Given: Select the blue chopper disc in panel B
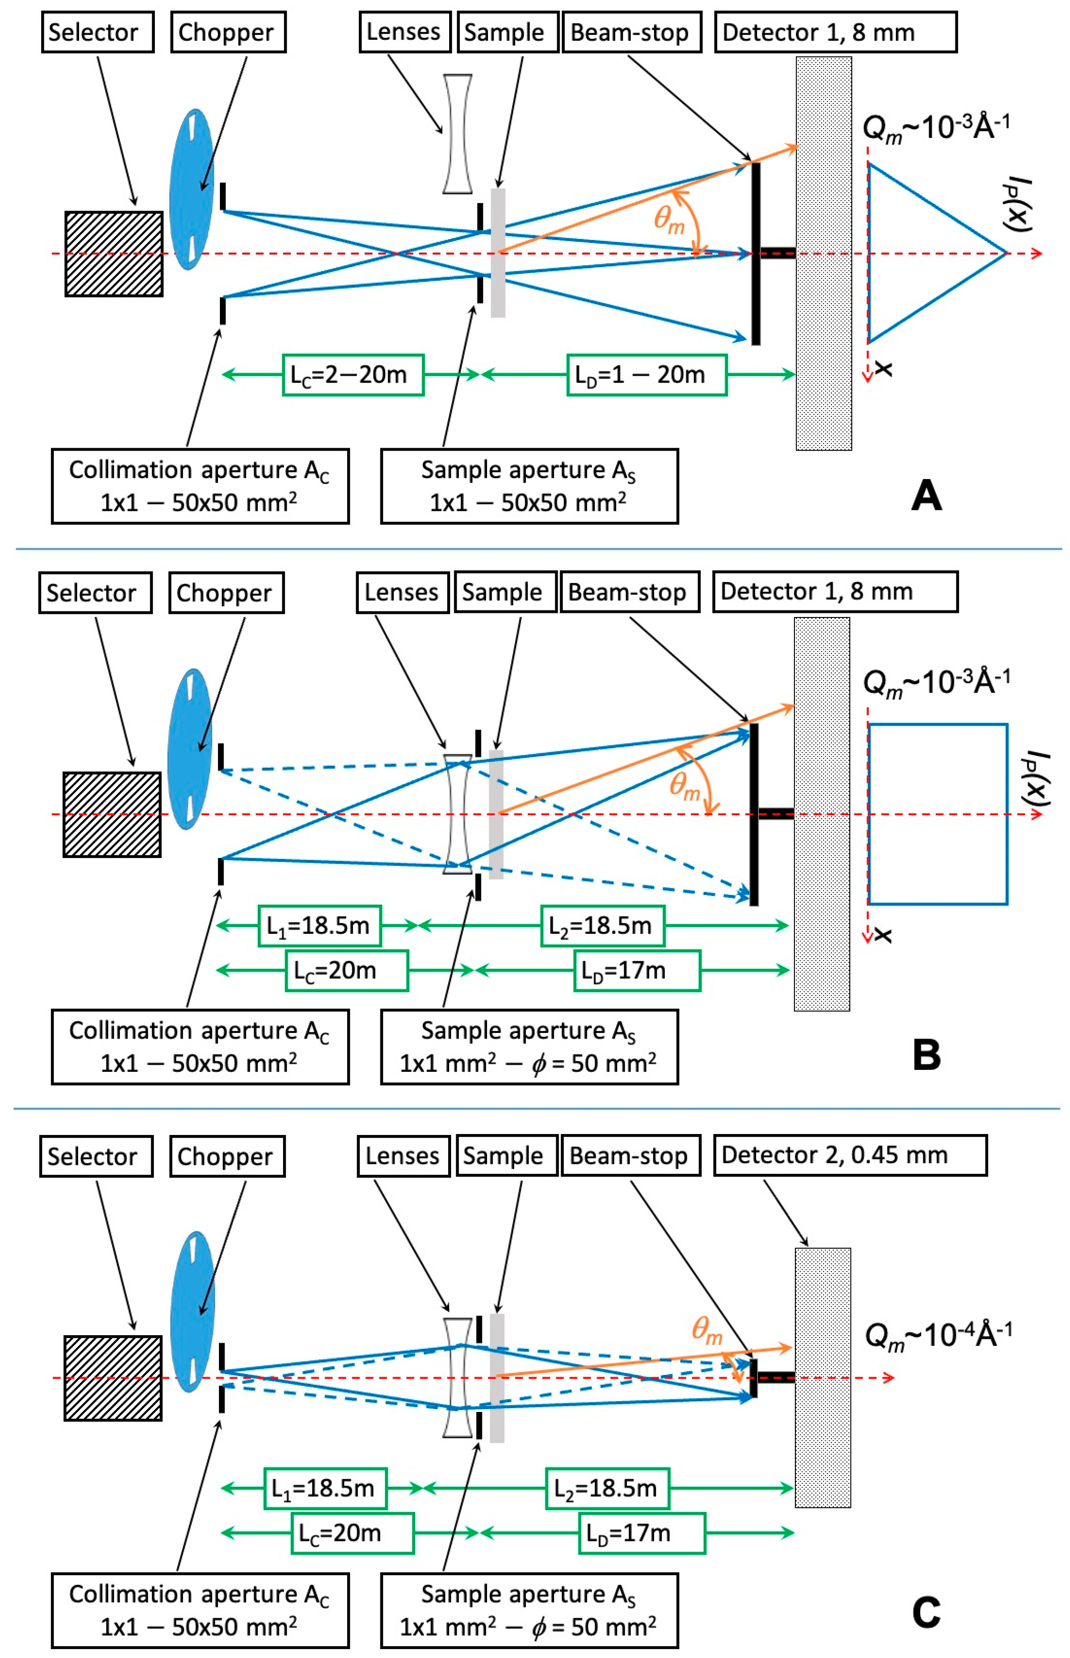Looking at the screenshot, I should (189, 749).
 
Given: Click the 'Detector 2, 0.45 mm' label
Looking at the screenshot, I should (849, 1155).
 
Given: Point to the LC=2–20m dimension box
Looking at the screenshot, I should (352, 375).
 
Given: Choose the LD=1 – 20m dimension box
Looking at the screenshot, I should (646, 375).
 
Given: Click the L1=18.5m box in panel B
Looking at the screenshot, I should (319, 926).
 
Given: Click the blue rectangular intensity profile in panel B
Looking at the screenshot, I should (937, 814).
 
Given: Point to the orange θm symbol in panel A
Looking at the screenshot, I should (669, 221).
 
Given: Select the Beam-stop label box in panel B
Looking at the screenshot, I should (629, 592).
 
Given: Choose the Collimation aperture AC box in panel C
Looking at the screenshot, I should (199, 1610).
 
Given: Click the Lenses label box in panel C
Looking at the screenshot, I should (403, 1156).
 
